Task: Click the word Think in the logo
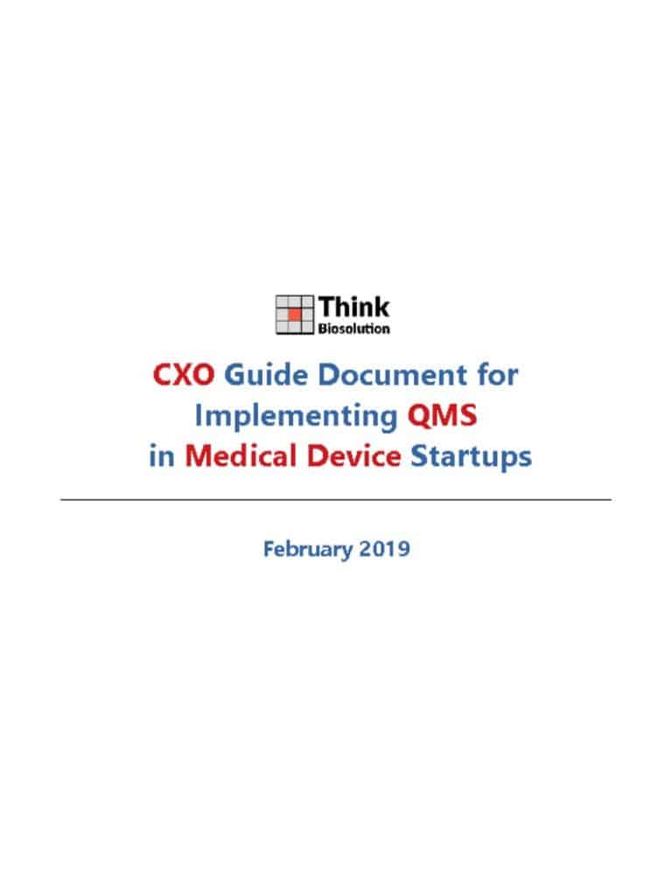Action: pos(354,307)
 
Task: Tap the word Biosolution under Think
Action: pos(354,329)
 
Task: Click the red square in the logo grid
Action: pos(294,315)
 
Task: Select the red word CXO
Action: pos(184,375)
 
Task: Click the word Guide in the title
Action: pos(266,375)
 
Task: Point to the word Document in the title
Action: pos(392,375)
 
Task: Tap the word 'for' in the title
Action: pos(498,375)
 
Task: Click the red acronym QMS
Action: pos(442,415)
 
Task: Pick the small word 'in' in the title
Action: pos(162,456)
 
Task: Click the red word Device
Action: pos(354,456)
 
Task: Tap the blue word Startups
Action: pos(471,457)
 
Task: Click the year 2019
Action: pos(384,549)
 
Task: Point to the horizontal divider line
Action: pos(336,500)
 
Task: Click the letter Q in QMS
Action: pos(419,415)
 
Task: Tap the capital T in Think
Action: pos(327,308)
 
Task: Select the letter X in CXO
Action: pos(184,375)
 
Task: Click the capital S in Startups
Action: pos(419,456)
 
